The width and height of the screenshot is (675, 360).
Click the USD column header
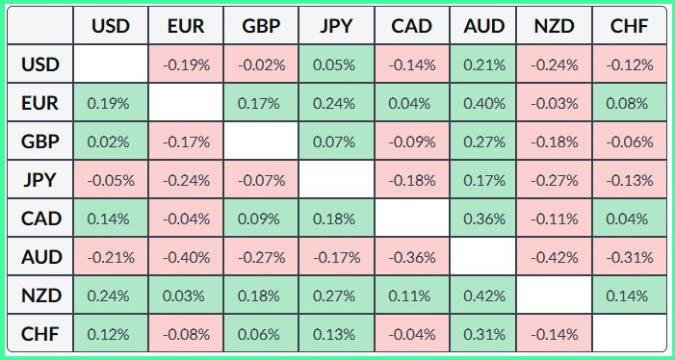point(111,26)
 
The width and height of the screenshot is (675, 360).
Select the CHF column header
point(630,26)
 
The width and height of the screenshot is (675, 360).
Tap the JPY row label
point(40,180)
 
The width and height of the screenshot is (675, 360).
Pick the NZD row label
point(40,296)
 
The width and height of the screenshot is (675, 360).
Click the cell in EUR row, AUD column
point(484,103)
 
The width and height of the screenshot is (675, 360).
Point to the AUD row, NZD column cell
point(555,257)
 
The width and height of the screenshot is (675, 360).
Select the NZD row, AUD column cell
point(484,296)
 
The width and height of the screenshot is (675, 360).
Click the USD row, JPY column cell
point(336,64)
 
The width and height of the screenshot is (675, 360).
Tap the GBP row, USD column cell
point(111,141)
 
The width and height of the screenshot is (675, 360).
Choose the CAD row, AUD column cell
point(484,219)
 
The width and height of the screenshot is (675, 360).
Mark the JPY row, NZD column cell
point(555,180)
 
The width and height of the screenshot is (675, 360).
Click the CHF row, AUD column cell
point(484,333)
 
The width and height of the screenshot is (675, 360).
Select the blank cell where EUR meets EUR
point(186,103)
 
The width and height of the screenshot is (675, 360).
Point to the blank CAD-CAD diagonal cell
point(412,219)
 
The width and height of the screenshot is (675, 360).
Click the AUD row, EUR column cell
point(186,257)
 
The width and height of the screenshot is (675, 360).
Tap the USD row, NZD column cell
point(555,64)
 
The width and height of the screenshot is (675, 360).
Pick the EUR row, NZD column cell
point(555,103)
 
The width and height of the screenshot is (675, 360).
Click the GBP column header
point(261,26)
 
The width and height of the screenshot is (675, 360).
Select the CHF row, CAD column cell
point(412,333)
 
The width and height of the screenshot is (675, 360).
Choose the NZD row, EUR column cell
point(186,296)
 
